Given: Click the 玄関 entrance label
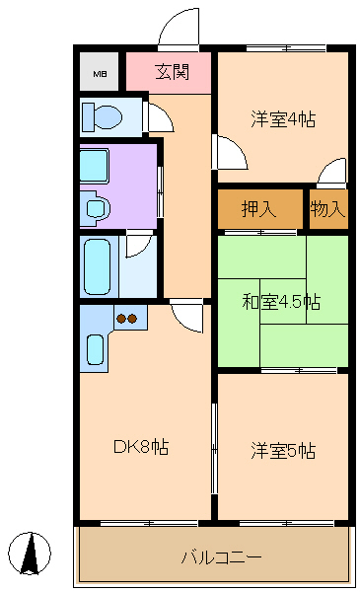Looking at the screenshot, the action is click(x=172, y=72).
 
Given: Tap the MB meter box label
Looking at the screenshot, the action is click(x=100, y=74).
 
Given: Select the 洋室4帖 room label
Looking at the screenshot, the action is click(x=283, y=119).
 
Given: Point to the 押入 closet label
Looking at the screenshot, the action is click(x=258, y=208).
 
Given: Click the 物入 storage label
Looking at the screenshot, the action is click(x=327, y=208).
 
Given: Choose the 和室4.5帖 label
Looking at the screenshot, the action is click(x=281, y=302).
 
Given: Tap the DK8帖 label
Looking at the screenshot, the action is click(x=141, y=447).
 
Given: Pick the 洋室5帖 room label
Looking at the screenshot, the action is click(x=283, y=450).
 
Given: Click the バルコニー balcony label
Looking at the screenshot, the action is click(x=221, y=557).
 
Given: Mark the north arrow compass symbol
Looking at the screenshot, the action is click(x=30, y=554).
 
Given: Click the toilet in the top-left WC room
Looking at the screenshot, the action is click(x=103, y=116).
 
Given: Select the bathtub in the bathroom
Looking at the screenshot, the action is click(x=98, y=266).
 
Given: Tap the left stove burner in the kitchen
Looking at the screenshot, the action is click(x=121, y=319).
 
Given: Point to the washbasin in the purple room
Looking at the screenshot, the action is click(x=97, y=207).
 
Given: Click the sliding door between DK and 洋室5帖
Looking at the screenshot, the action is click(x=214, y=448).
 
